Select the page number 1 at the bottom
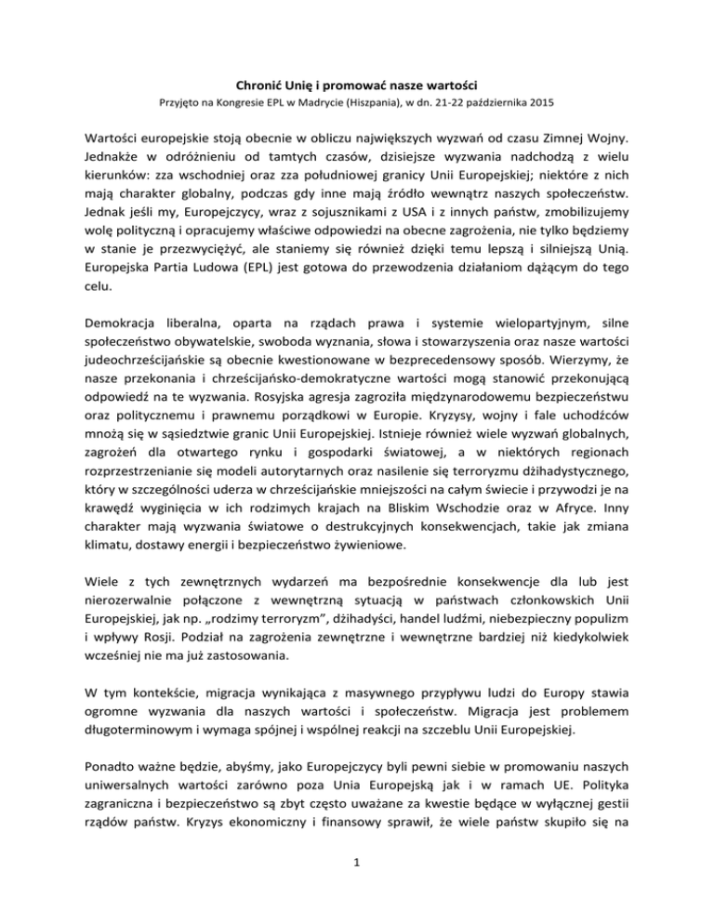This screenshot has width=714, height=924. pyautogui.click(x=357, y=901)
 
